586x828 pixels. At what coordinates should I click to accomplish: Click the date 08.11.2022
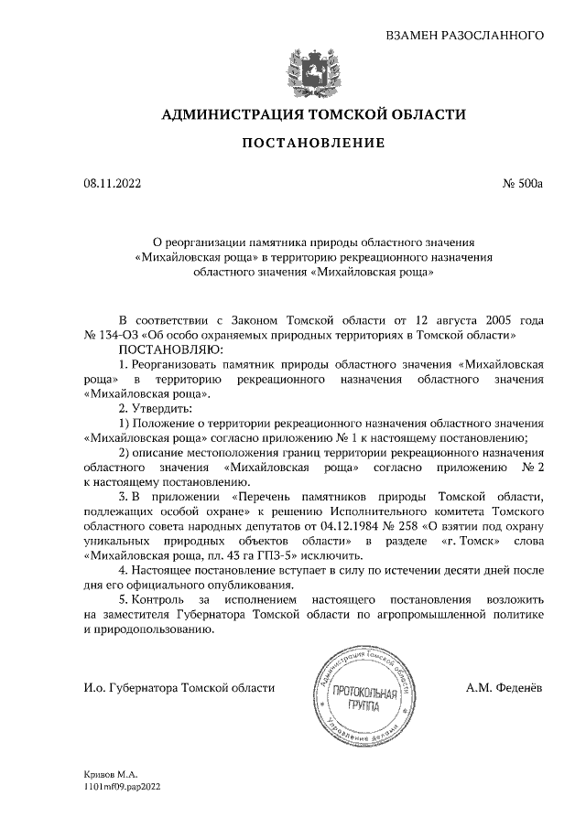(113, 183)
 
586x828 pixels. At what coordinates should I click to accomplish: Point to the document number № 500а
(523, 183)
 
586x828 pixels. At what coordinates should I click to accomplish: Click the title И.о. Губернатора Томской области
(179, 687)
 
